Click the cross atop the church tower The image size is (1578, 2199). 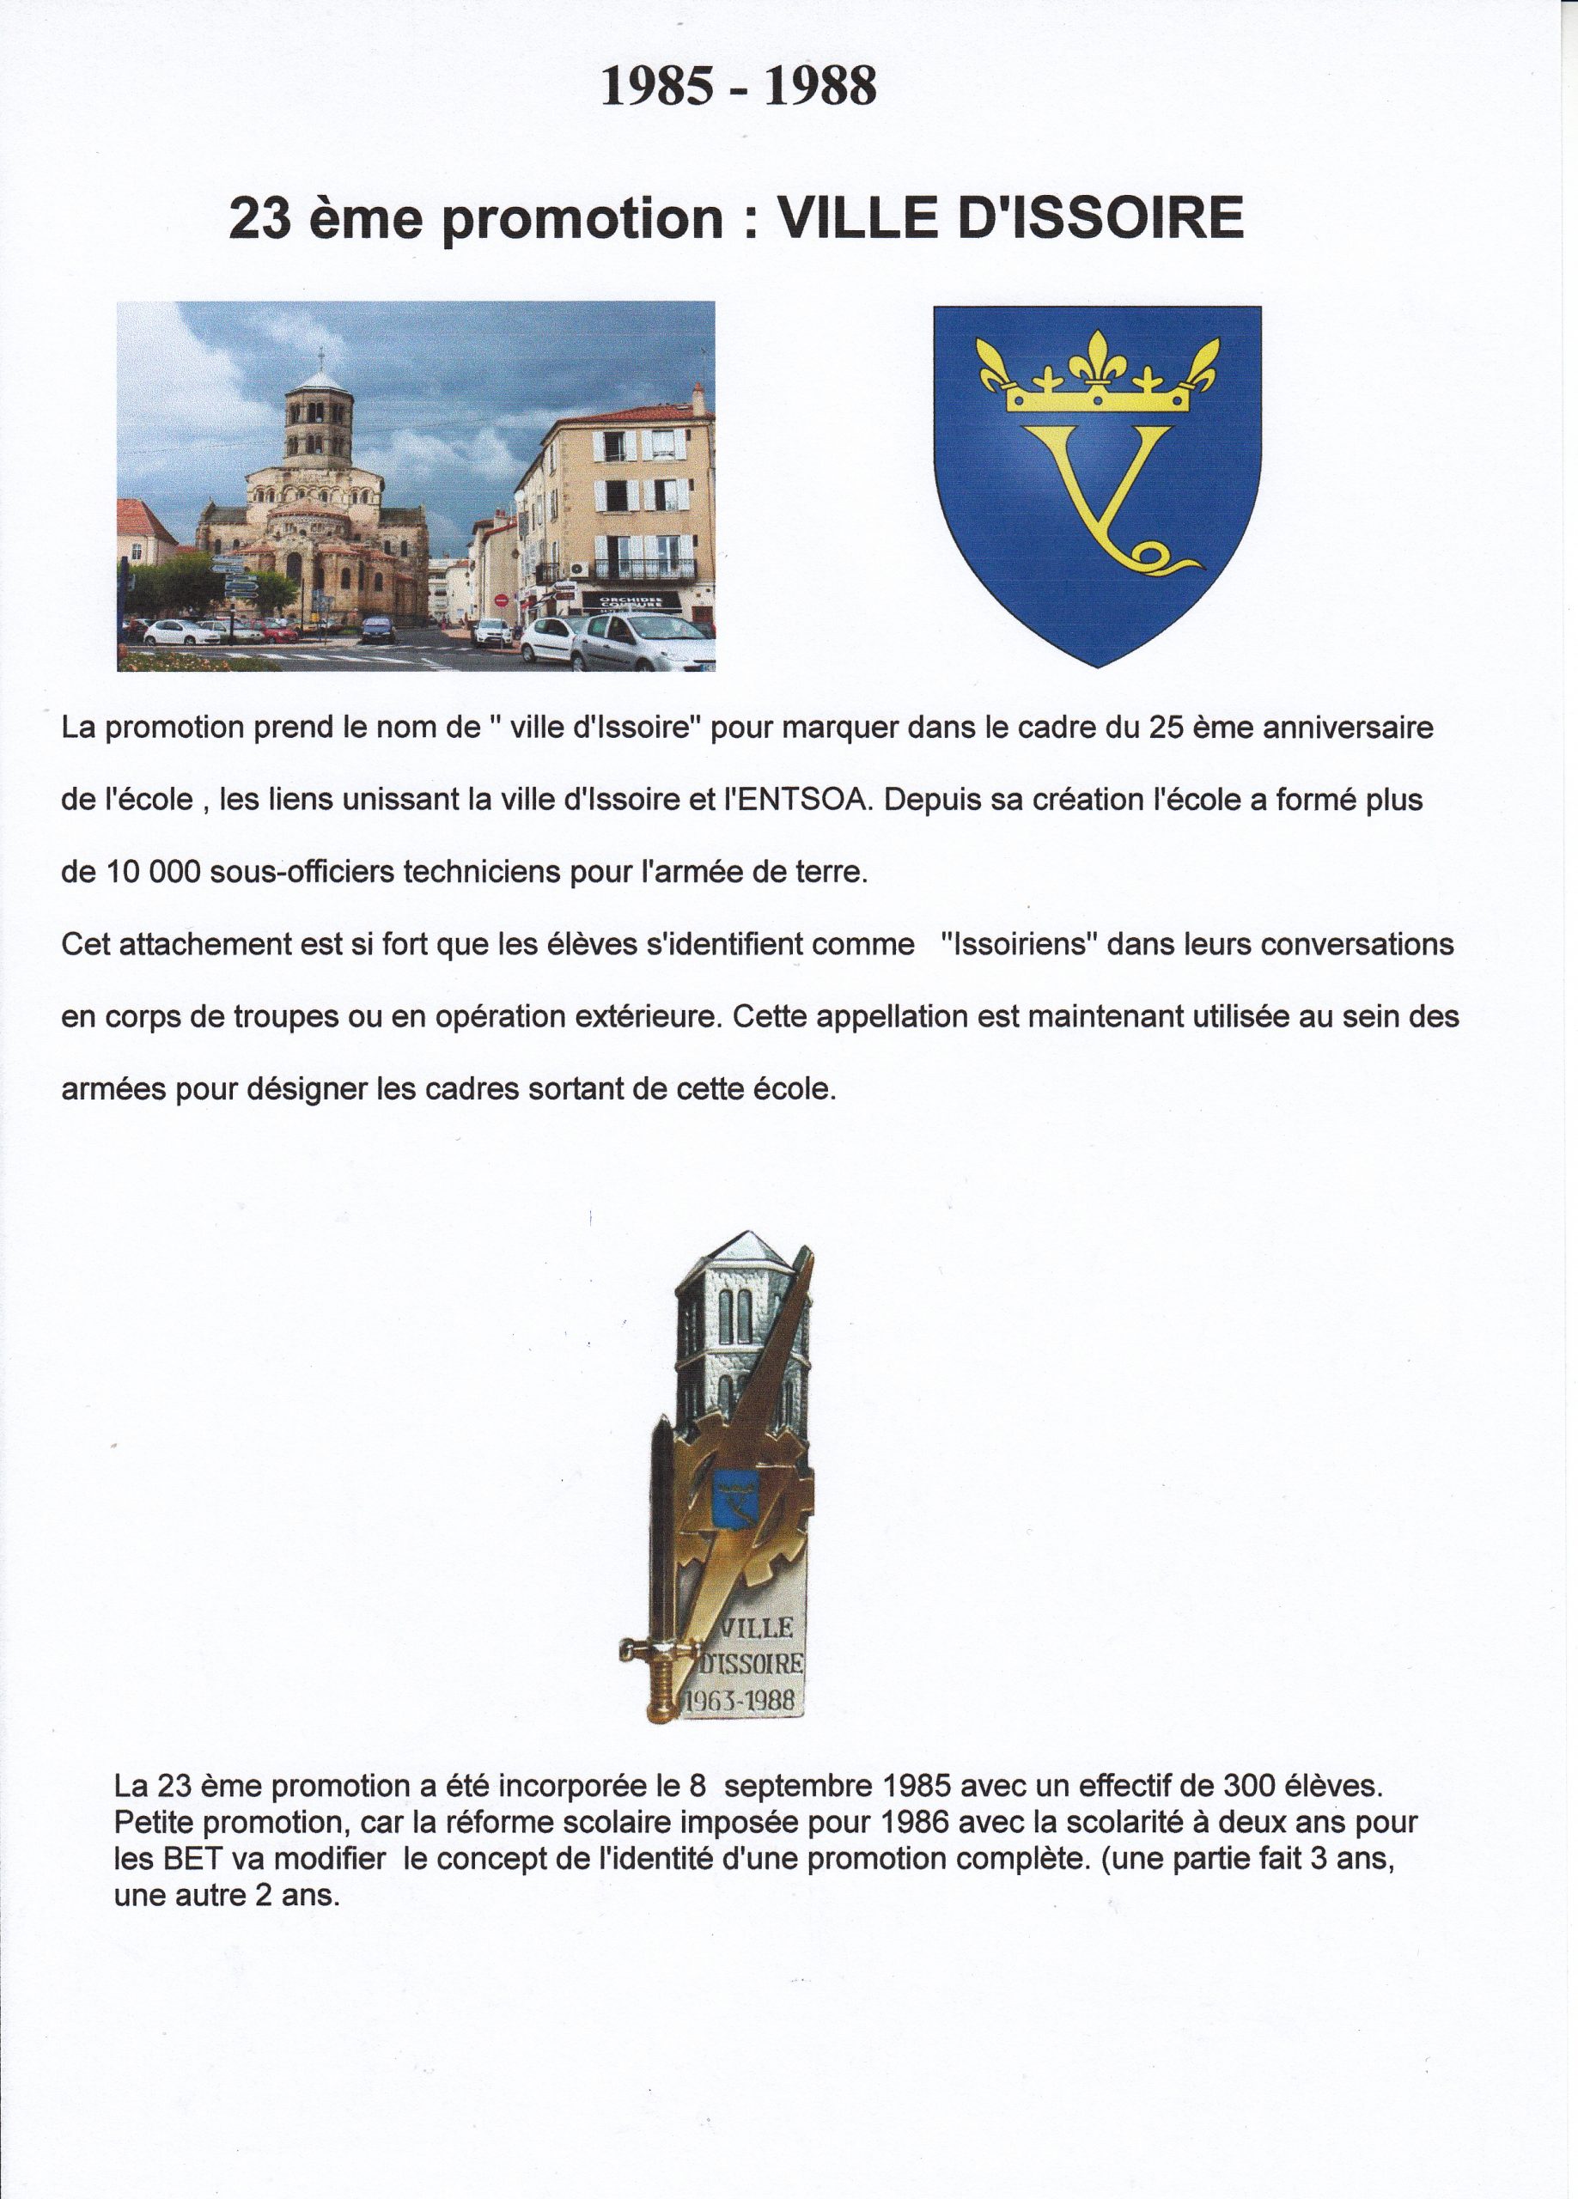tap(321, 355)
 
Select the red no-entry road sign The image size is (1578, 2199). tap(502, 600)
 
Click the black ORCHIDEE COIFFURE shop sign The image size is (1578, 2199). tap(631, 603)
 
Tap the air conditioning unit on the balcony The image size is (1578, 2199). tap(579, 570)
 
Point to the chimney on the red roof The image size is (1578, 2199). tap(698, 399)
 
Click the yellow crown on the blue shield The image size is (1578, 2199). tap(1097, 375)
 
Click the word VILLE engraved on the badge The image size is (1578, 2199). tap(757, 1628)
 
